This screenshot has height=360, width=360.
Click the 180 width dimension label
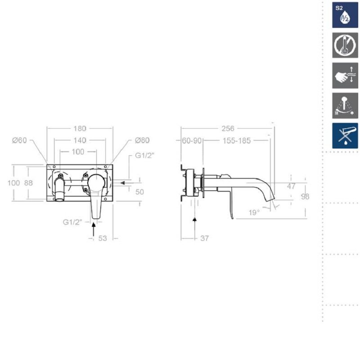point(80,128)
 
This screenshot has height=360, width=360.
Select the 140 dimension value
point(80,140)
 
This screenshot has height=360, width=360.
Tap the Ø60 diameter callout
point(19,140)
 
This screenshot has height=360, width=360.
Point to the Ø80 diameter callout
point(142,140)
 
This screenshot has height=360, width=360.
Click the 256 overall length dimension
point(228,128)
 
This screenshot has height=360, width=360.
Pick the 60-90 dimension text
point(192,140)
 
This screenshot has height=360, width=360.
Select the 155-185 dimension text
point(237,140)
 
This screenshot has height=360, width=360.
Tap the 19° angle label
point(254,212)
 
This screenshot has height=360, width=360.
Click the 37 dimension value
point(205,238)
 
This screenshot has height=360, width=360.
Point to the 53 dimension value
point(103,238)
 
